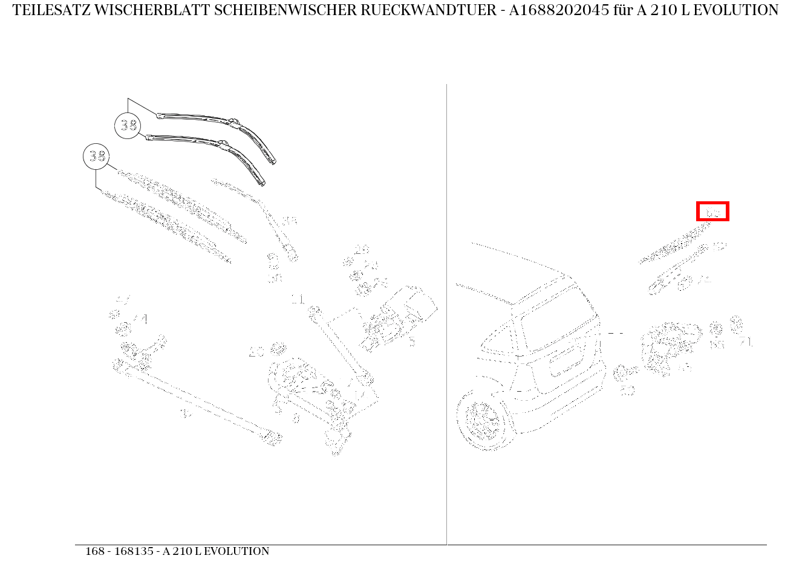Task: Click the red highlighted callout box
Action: pos(712,212)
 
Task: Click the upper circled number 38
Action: pos(128,126)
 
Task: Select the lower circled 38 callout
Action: pos(96,157)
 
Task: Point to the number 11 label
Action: pos(298,299)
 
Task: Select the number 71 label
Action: pos(746,342)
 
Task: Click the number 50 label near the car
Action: pos(627,391)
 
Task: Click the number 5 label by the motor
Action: pos(412,343)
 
